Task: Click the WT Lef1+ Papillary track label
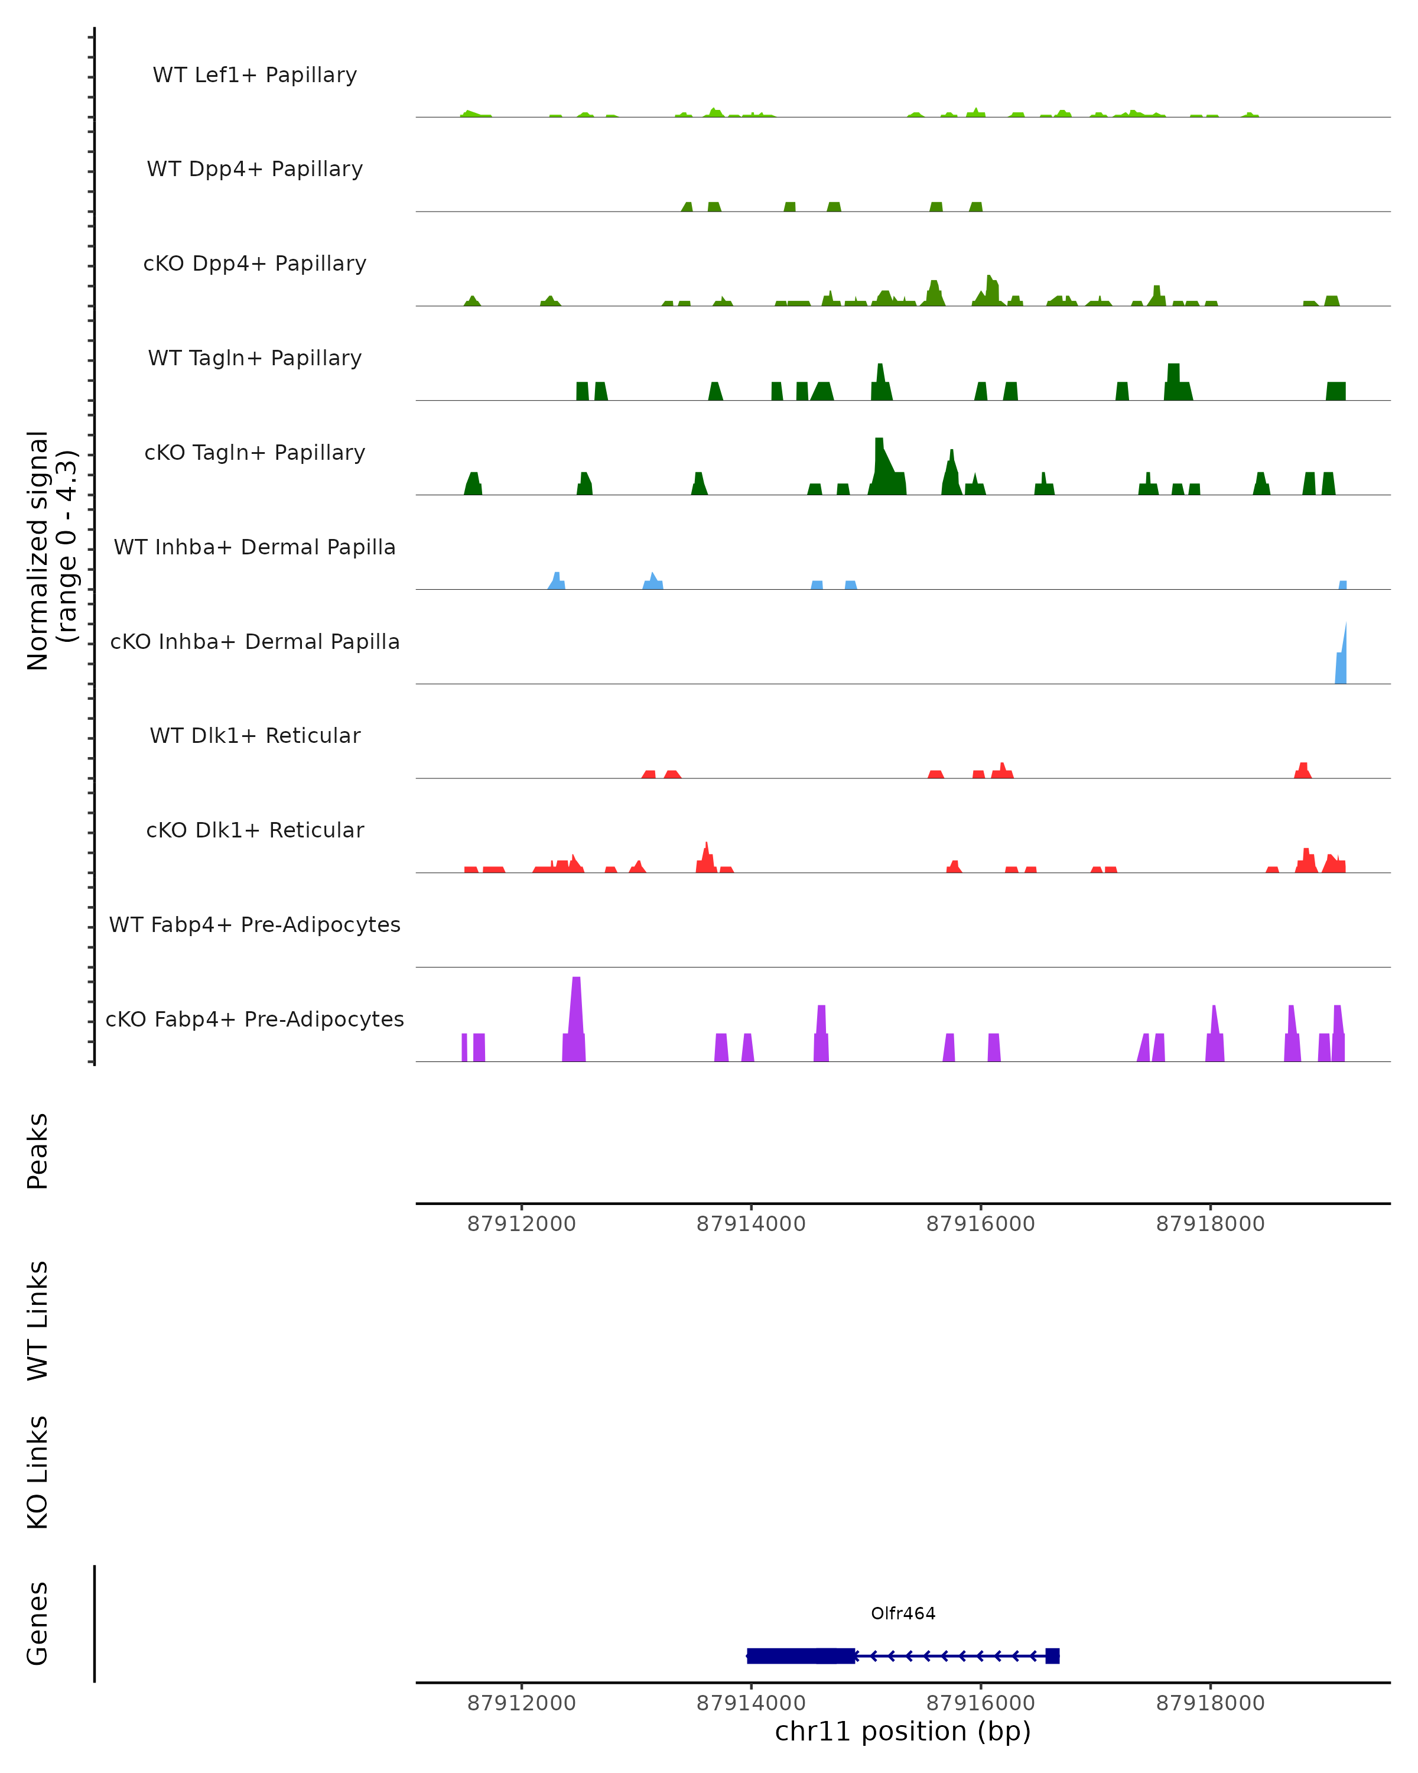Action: coord(255,75)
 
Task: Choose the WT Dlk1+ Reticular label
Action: coord(255,735)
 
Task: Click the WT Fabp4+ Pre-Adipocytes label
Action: coord(255,924)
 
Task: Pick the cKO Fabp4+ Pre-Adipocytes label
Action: coord(255,1019)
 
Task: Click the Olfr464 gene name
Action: coord(903,1613)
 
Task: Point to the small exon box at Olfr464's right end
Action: coord(1052,1655)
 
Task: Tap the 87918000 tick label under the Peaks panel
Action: coord(1210,1224)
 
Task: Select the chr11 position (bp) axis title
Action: coord(903,1731)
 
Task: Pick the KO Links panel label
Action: coord(38,1472)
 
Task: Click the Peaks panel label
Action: coord(38,1151)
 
